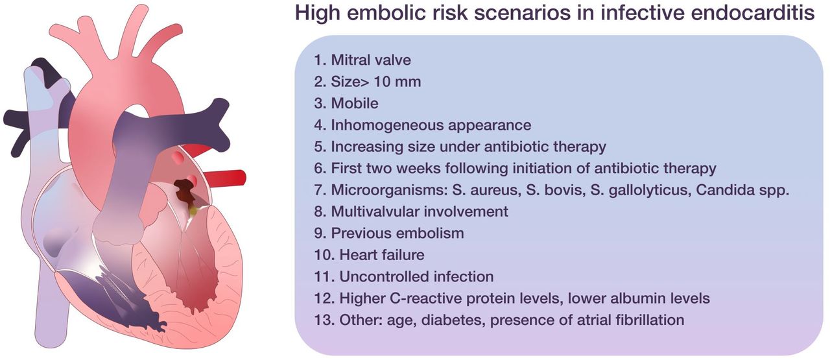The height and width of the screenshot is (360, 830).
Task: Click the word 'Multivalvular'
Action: (379, 211)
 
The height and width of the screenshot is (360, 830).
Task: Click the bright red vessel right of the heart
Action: (227, 177)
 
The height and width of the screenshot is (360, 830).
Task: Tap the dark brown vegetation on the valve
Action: (188, 194)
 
